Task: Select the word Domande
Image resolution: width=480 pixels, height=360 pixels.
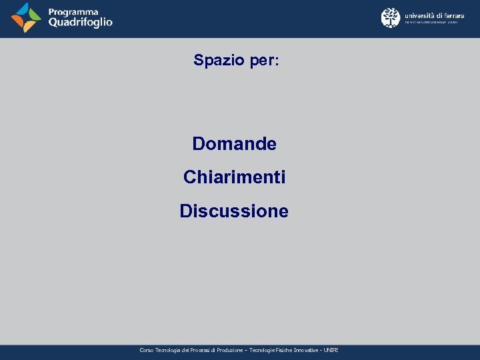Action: [234, 143]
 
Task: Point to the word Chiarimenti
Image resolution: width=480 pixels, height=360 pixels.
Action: [234, 177]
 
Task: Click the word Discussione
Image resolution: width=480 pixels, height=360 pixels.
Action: [234, 211]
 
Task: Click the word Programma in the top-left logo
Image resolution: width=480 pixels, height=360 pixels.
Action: [73, 11]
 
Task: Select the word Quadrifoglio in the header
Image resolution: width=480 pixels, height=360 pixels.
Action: [80, 22]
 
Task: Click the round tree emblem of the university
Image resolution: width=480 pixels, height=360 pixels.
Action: [391, 17]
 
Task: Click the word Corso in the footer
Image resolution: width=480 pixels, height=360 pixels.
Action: [147, 350]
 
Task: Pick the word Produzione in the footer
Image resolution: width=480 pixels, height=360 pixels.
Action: [229, 350]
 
